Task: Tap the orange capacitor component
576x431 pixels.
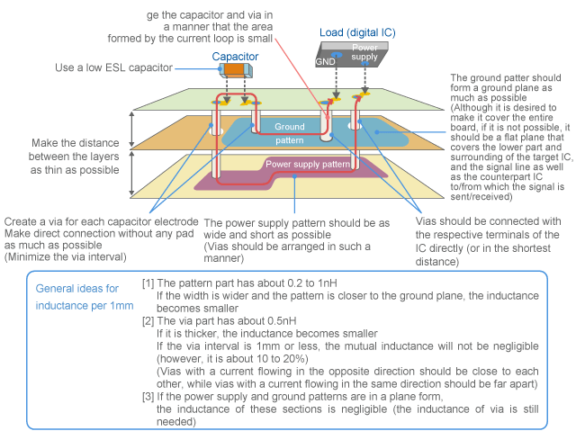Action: point(236,69)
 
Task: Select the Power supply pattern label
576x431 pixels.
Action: point(307,165)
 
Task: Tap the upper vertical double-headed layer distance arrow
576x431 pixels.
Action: point(132,130)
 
